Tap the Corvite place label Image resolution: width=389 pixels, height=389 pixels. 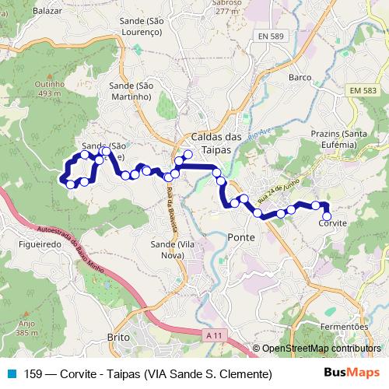pos(332,223)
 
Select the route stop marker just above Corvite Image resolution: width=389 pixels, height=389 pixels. pos(327,216)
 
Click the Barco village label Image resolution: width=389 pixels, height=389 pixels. pos(300,78)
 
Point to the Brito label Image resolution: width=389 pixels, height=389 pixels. pos(117,338)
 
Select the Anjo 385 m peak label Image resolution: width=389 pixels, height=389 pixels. pos(27,328)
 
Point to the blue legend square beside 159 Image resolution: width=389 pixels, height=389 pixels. pos(10,373)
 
